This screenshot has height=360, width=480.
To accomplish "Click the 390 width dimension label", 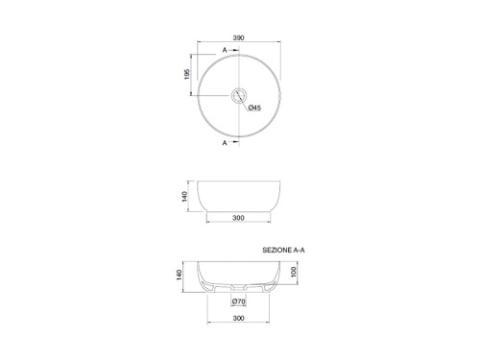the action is click(x=238, y=37).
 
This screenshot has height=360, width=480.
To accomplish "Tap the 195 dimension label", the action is click(x=187, y=74).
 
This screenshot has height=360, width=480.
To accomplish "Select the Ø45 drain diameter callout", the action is click(x=254, y=108).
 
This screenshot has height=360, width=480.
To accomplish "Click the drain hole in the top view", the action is click(x=239, y=95).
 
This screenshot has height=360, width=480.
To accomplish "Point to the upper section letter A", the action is click(x=225, y=50).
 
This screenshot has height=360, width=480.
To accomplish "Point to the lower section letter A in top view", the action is click(x=225, y=143).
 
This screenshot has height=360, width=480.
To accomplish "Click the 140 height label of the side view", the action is click(x=184, y=197).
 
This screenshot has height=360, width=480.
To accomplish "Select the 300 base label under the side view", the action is click(x=238, y=218).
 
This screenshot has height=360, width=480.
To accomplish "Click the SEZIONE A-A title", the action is click(x=283, y=251).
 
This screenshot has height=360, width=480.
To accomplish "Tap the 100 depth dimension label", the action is click(x=294, y=272).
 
